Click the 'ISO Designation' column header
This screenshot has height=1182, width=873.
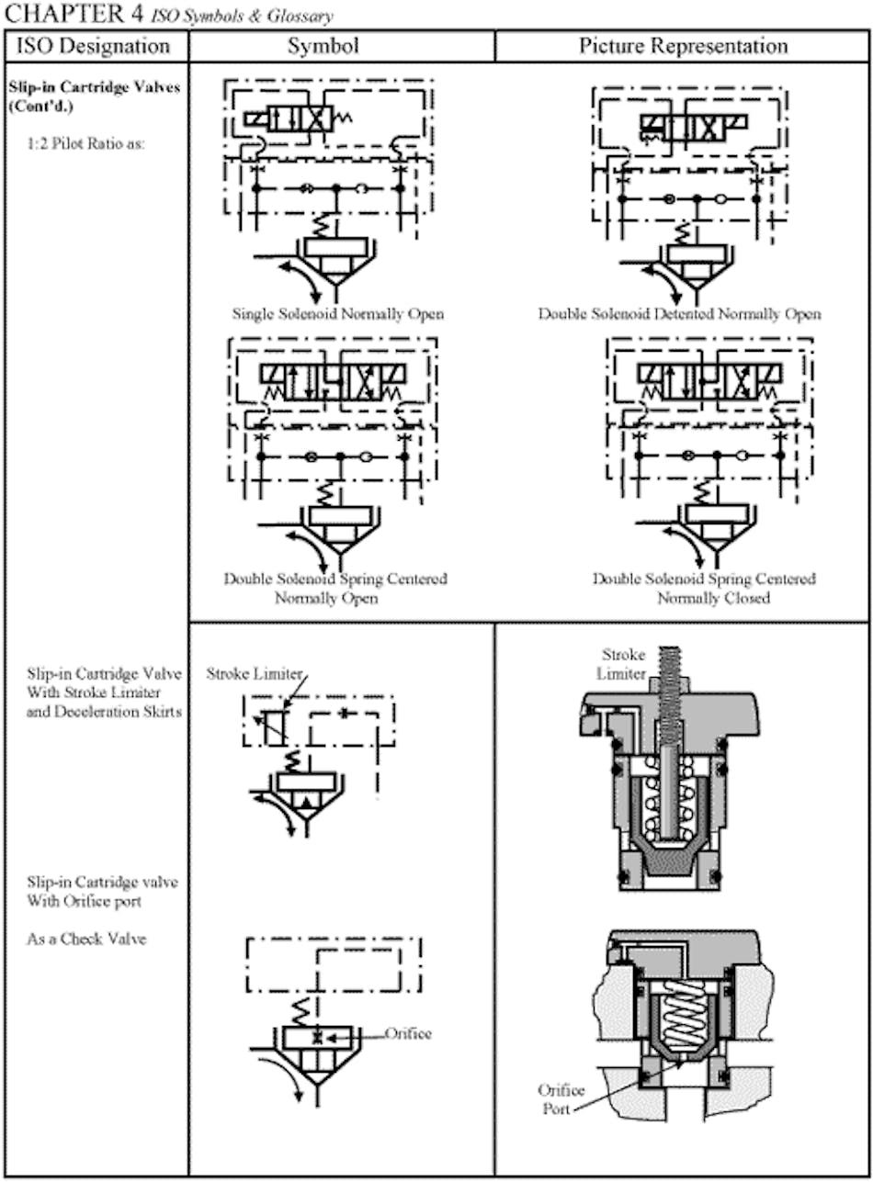(96, 46)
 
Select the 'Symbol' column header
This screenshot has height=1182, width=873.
(341, 46)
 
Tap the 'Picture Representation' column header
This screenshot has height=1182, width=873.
(683, 46)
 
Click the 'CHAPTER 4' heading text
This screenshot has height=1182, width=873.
(69, 14)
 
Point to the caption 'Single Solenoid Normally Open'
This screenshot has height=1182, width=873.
(339, 314)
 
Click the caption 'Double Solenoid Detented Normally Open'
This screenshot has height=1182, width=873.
(679, 314)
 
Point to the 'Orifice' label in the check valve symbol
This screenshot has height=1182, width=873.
(408, 1033)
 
